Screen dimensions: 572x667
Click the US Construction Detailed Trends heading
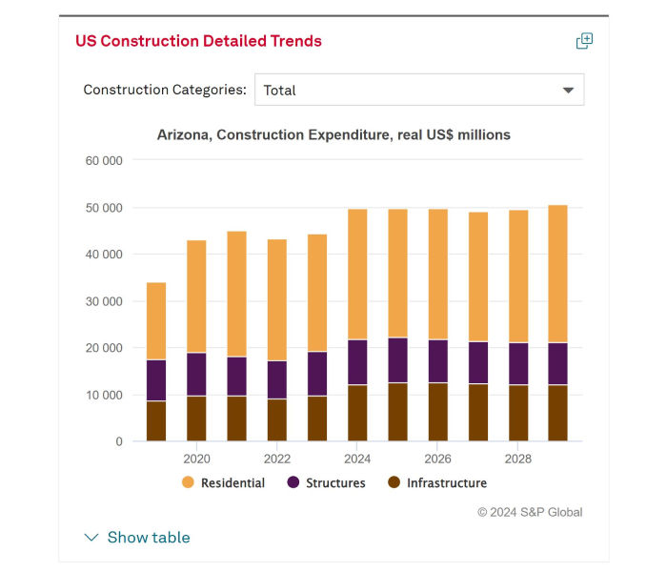198,41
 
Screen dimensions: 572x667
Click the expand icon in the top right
584,41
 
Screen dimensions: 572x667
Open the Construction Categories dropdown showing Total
418,91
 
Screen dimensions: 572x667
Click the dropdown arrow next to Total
568,91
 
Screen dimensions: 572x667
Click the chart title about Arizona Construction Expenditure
333,135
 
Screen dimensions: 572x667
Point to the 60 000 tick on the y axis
104,160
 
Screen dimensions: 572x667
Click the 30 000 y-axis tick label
104,301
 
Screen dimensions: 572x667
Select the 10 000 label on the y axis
104,395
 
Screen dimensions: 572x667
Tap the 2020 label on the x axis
196,459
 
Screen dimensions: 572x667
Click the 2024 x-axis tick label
357,459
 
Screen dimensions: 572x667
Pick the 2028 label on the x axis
517,459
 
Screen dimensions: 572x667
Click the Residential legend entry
223,483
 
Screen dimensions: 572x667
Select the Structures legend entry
326,483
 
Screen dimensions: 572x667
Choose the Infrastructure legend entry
436,483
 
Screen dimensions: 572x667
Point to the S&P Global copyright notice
530,512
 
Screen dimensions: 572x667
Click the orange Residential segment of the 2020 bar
196,296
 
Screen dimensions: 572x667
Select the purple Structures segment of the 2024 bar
357,362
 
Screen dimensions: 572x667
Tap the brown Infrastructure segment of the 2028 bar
517,413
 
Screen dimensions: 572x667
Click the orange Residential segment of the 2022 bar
276,299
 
